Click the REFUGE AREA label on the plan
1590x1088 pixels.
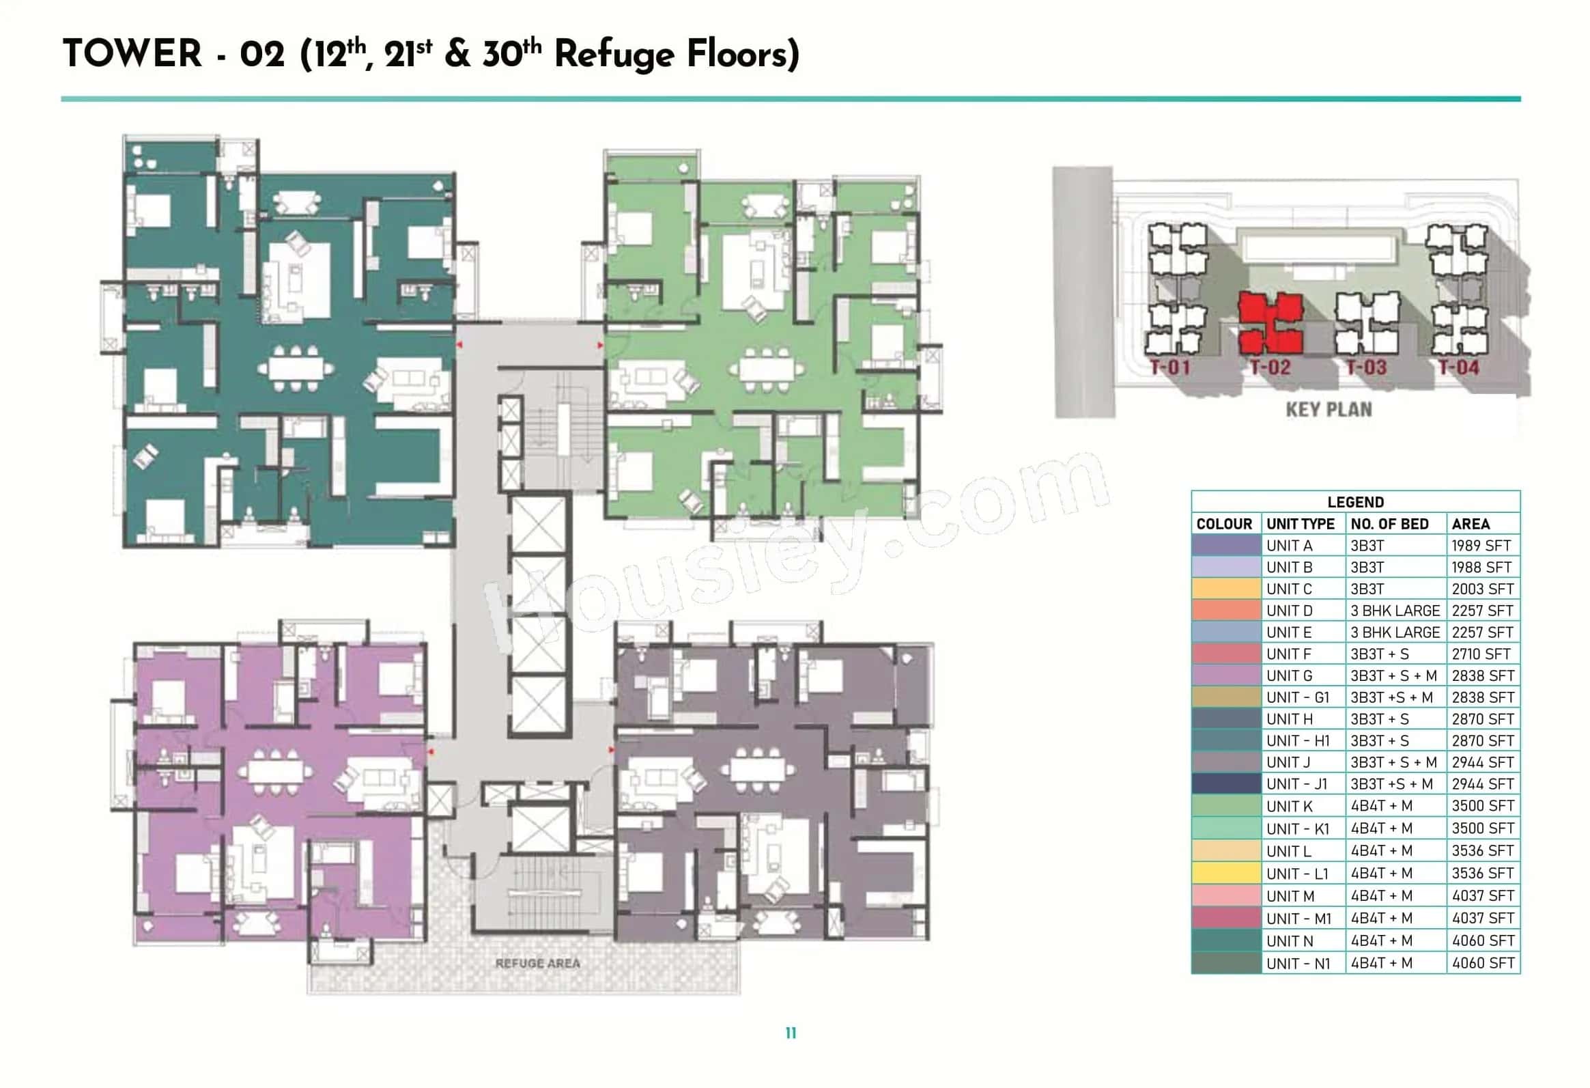538,964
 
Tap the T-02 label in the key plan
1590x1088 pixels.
1270,367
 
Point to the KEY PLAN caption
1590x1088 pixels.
1329,409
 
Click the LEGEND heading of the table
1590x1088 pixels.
1354,501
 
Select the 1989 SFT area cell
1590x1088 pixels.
1481,546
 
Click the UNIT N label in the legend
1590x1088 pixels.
1290,941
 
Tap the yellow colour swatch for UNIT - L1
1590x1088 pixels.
1225,873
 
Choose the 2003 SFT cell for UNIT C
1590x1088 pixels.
1481,589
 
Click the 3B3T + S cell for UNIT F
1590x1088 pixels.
1379,654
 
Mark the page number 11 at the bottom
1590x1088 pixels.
791,1033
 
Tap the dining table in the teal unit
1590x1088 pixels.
296,368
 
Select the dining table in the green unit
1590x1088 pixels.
766,369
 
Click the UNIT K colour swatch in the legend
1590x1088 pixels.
1225,805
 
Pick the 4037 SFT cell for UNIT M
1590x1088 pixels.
1481,895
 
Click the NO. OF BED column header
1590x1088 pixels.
1389,523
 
